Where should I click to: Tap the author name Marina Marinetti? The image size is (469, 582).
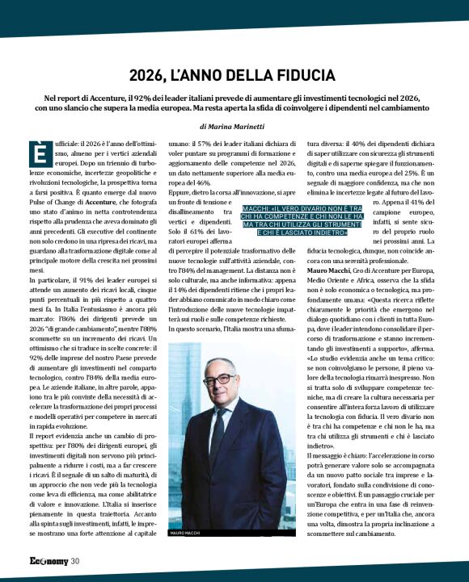click(244, 126)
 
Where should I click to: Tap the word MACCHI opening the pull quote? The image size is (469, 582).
click(256, 207)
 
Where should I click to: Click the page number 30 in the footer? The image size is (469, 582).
click(74, 561)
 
